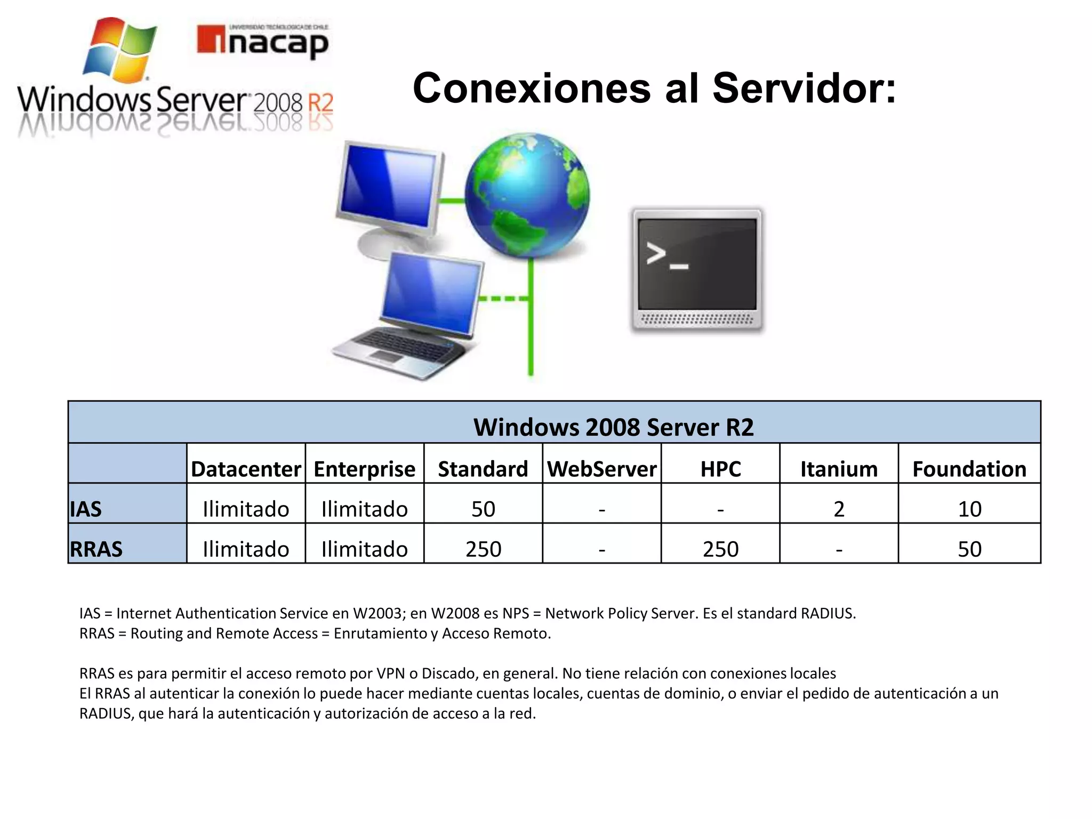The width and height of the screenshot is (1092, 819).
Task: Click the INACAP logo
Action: (x=262, y=41)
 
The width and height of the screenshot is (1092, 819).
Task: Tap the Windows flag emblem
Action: (x=119, y=51)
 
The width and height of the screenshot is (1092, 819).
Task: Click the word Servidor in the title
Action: (x=804, y=89)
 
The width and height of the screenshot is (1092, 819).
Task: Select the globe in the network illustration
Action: (x=527, y=195)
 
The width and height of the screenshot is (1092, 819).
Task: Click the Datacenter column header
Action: (x=246, y=469)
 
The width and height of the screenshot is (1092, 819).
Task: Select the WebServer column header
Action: (x=601, y=469)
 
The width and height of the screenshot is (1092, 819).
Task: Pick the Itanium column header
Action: (x=839, y=469)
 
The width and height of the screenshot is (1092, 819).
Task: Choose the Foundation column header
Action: (x=969, y=469)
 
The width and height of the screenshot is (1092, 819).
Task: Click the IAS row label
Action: (x=86, y=509)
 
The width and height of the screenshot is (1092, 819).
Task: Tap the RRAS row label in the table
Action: (x=97, y=549)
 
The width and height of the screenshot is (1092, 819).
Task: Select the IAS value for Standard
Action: (x=483, y=509)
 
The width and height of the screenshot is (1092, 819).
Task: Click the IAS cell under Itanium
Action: (x=839, y=509)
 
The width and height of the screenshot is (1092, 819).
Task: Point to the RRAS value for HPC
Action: (x=720, y=549)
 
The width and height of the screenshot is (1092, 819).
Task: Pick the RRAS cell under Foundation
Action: (x=969, y=549)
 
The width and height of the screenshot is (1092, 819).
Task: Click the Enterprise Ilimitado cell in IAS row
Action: (x=364, y=509)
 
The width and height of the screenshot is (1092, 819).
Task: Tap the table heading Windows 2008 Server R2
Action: (x=613, y=427)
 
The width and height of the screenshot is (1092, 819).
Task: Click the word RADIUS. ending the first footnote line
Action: (x=828, y=614)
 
